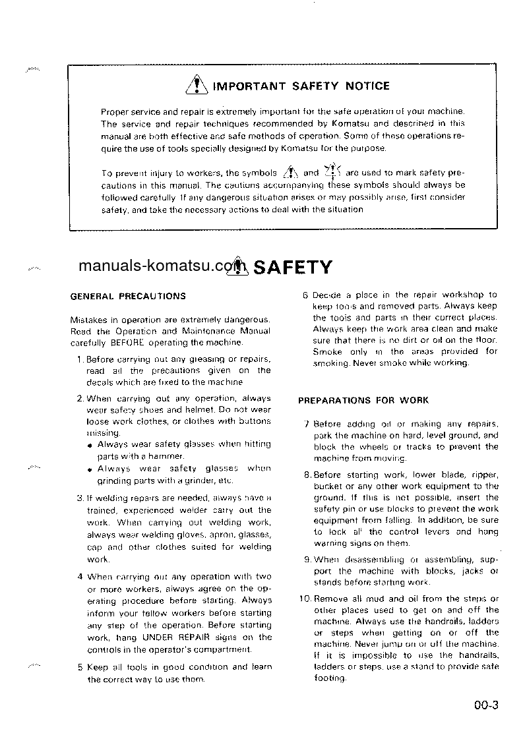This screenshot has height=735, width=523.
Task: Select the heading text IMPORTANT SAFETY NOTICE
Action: [x=301, y=86]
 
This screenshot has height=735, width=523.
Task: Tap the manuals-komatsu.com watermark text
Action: [x=156, y=266]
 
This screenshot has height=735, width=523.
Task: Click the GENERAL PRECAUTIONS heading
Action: [x=128, y=297]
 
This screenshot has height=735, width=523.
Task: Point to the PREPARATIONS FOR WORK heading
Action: [x=363, y=400]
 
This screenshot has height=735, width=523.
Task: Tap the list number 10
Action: [x=304, y=599]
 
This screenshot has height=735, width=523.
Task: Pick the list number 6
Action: [x=305, y=295]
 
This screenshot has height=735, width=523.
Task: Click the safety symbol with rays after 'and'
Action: [x=332, y=171]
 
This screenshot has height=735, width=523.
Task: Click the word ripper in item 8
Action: [x=485, y=475]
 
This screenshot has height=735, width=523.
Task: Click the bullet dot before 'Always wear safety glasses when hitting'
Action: [x=90, y=445]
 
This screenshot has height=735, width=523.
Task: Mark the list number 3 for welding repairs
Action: [x=80, y=498]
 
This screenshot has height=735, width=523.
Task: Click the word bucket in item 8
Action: [x=326, y=486]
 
